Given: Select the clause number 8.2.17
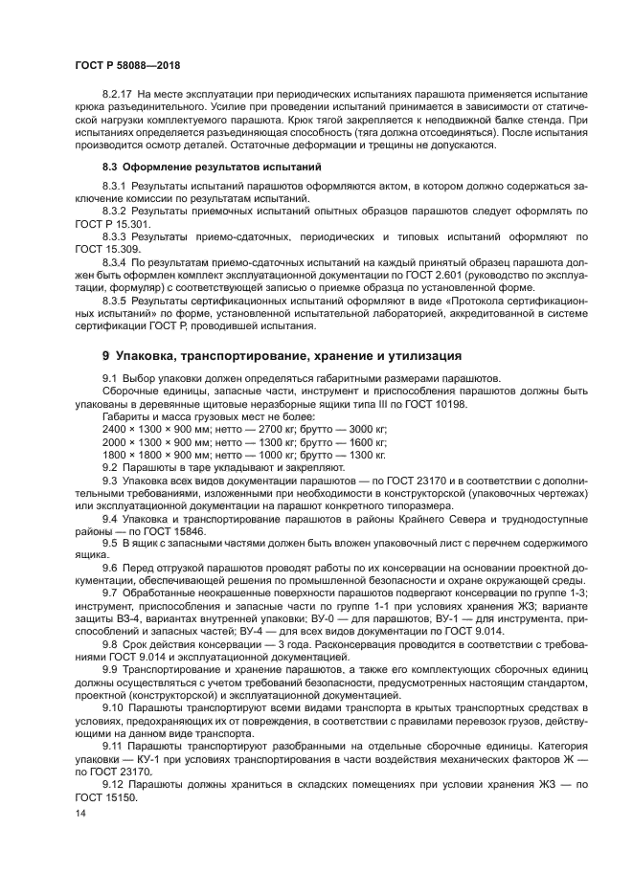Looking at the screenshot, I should pyautogui.click(x=118, y=96).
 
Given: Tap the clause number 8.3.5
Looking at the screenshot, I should pyautogui.click(x=114, y=300).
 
